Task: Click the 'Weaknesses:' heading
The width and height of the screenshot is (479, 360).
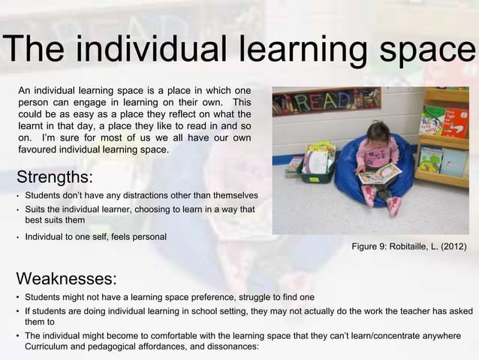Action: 66,279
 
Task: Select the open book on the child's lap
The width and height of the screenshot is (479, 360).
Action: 379,174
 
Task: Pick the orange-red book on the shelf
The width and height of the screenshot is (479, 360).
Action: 455,122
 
